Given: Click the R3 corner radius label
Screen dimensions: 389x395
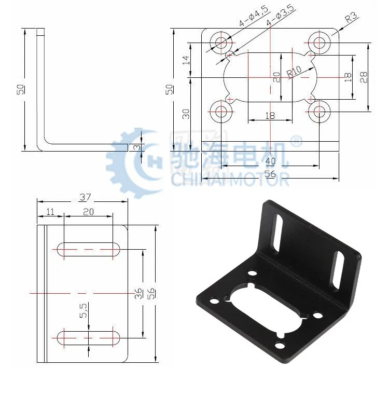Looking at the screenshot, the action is pyautogui.click(x=351, y=18).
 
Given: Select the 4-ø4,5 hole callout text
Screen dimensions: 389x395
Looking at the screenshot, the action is pyautogui.click(x=254, y=16).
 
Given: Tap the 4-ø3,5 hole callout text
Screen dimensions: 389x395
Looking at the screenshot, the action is pyautogui.click(x=281, y=15).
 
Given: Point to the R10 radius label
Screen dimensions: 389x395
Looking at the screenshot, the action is pyautogui.click(x=294, y=71).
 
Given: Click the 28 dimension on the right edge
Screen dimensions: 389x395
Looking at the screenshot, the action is pyautogui.click(x=364, y=77).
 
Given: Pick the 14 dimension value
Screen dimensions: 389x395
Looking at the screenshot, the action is pyautogui.click(x=186, y=60).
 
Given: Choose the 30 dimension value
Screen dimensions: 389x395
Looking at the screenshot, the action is pyautogui.click(x=186, y=114).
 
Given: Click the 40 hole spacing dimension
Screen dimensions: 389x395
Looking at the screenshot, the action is pyautogui.click(x=270, y=161).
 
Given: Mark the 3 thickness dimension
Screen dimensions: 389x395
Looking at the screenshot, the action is pyautogui.click(x=137, y=147).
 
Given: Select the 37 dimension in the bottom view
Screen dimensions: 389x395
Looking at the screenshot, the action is pyautogui.click(x=85, y=197).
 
